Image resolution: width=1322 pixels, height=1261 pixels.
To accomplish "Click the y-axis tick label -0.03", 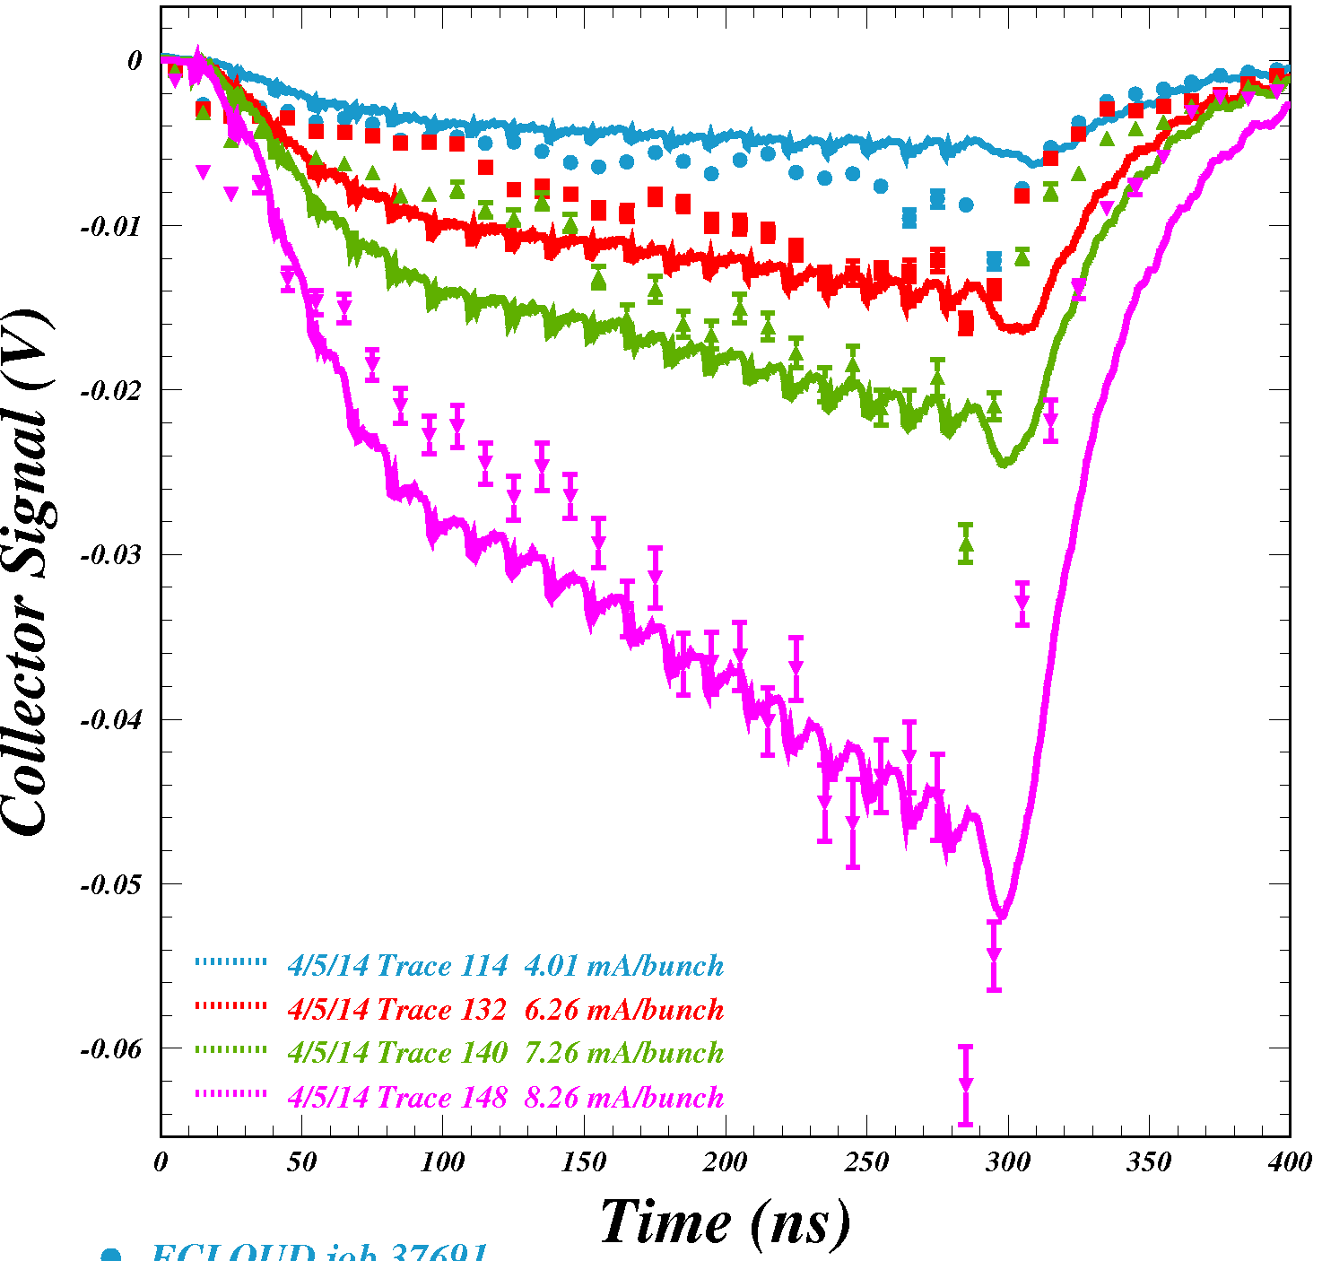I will point(111,555).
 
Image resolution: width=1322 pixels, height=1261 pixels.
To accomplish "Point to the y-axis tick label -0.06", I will point(111,1049).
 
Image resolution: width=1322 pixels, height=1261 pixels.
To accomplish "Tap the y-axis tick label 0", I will point(135,61).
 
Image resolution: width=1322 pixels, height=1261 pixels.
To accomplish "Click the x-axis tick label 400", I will point(1290,1163).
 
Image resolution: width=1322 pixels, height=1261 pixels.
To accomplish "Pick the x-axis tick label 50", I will point(302,1163).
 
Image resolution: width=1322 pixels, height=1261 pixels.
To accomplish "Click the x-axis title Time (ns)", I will point(725,1222).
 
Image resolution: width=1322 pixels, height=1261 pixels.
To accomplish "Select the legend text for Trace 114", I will point(505,965).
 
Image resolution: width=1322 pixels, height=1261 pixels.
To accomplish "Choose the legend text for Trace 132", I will point(505,1009).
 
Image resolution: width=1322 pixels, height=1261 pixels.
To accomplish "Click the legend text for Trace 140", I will point(505,1052).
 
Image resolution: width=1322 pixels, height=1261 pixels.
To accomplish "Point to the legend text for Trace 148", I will point(505,1097).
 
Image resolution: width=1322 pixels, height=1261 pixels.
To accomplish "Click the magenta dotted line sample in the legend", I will point(230,1093).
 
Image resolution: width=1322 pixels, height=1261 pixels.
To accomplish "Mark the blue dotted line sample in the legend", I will point(230,961).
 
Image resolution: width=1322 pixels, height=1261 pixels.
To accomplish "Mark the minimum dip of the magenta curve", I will point(1002,917).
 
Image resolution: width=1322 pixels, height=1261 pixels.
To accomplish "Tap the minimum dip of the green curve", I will point(1005,464).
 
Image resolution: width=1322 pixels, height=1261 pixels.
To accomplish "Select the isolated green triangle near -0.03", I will point(965,544).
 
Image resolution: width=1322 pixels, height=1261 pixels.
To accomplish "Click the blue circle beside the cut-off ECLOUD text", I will point(110,1255).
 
